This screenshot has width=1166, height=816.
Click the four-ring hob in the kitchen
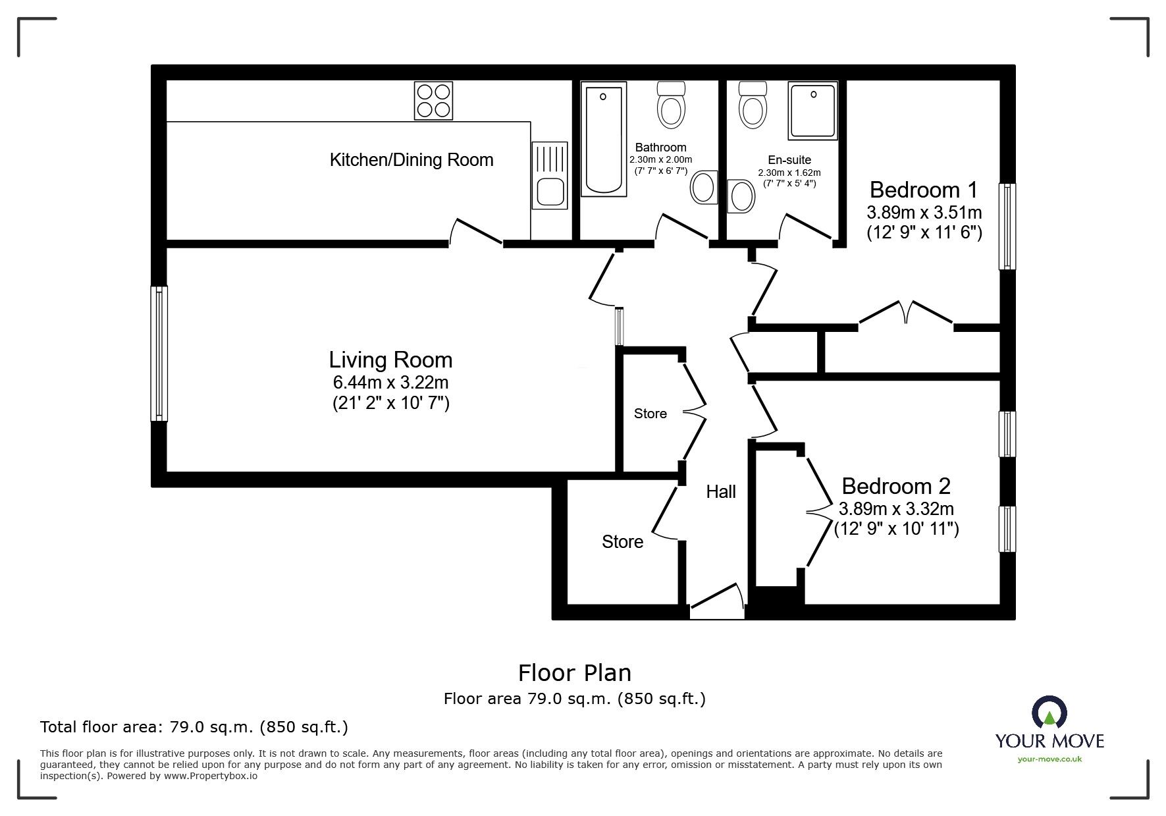click(433, 100)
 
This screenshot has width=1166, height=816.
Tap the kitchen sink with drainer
click(550, 177)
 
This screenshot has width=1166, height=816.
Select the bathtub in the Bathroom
click(603, 142)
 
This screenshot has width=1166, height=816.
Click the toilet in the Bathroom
click(671, 106)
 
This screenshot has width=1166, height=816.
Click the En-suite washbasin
click(742, 196)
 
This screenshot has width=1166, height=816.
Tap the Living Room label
click(390, 360)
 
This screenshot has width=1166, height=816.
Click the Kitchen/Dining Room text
click(411, 160)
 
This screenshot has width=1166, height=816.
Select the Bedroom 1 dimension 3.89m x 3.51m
click(924, 213)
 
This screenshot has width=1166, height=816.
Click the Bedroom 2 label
click(895, 486)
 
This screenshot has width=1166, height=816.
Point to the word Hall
click(720, 492)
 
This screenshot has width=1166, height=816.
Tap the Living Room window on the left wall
click(159, 354)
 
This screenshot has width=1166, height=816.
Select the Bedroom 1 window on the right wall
click(1007, 227)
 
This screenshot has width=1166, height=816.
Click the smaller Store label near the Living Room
click(650, 414)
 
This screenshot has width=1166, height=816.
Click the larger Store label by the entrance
click(622, 542)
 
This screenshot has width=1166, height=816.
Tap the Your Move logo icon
click(1049, 713)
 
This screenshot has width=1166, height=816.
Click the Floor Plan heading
click(574, 673)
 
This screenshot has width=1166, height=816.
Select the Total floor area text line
click(194, 727)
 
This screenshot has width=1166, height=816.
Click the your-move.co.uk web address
click(1049, 759)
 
